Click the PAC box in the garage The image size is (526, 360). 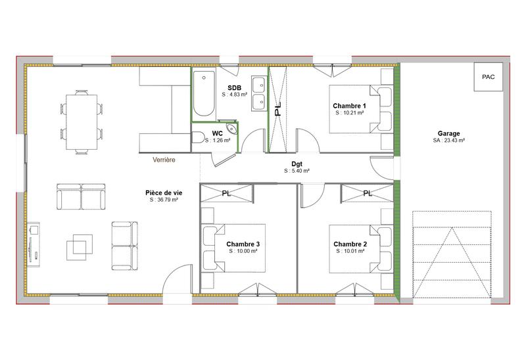pyautogui.click(x=488, y=77)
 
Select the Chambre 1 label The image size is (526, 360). pyautogui.click(x=349, y=106)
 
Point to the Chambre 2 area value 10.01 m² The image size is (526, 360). pyautogui.click(x=350, y=251)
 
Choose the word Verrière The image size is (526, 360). pyautogui.click(x=164, y=160)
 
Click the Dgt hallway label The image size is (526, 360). pyautogui.click(x=297, y=164)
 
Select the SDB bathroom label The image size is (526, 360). pyautogui.click(x=234, y=87)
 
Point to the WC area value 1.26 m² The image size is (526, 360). pyautogui.click(x=218, y=140)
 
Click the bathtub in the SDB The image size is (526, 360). pyautogui.click(x=204, y=96)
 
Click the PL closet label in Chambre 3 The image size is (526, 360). pyautogui.click(x=226, y=194)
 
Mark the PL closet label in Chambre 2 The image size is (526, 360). pyautogui.click(x=367, y=194)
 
